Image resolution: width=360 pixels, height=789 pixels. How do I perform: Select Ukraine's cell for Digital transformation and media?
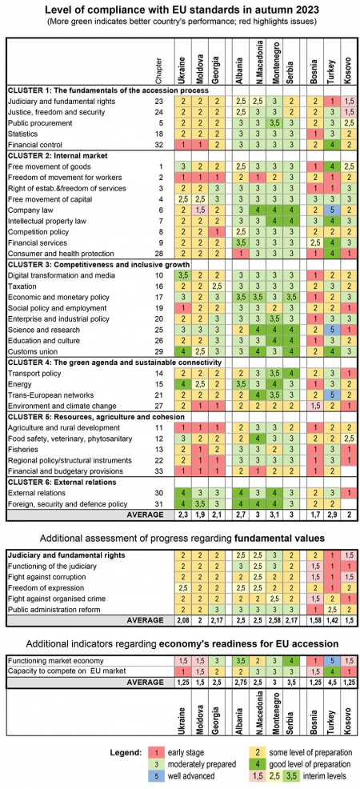182,275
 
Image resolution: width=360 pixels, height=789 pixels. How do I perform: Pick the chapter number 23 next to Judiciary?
162,101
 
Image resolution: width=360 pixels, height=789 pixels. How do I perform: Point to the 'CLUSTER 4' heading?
98,362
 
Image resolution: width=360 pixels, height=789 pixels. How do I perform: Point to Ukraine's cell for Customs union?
182,352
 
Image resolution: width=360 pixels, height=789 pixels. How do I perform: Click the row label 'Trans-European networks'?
46,395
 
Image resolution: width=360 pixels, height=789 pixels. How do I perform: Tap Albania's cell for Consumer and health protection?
240,254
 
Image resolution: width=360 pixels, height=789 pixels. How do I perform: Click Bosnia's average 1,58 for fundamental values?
314,620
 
